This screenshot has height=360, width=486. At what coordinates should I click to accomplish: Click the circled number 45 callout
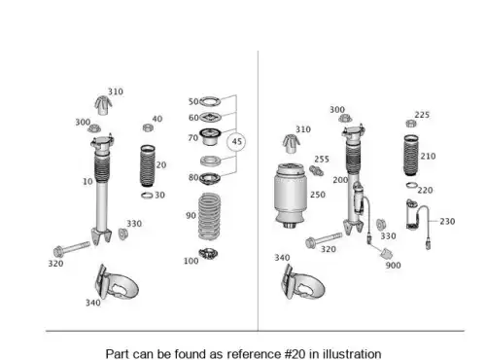(x=236, y=142)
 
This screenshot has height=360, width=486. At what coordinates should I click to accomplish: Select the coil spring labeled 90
(x=209, y=216)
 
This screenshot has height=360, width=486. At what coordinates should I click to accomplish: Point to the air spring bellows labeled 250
(x=291, y=196)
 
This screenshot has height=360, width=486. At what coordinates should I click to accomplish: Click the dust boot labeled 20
(x=148, y=165)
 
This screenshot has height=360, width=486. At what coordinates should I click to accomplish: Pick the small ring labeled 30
(x=147, y=196)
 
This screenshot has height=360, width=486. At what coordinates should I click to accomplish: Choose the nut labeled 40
(x=148, y=127)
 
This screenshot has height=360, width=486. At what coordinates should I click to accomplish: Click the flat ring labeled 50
(x=210, y=101)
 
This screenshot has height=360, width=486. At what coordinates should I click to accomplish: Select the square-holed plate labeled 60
(x=210, y=117)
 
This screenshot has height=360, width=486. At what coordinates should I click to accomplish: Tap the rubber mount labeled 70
(x=210, y=136)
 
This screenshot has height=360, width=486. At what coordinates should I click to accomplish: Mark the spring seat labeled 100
(x=208, y=254)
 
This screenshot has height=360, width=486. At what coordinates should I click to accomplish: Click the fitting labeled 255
(x=316, y=170)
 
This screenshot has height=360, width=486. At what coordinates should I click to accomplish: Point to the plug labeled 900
(x=386, y=254)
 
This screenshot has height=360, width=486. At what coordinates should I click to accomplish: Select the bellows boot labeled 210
(x=411, y=156)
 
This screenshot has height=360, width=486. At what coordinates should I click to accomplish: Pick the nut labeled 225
(x=411, y=124)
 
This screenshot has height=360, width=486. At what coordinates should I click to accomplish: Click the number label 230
(x=447, y=222)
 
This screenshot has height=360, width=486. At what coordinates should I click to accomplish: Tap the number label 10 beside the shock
(x=87, y=181)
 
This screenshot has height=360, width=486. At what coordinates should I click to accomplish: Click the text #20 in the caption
(x=295, y=354)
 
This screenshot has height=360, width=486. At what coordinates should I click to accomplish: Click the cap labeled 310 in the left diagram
(x=103, y=105)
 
